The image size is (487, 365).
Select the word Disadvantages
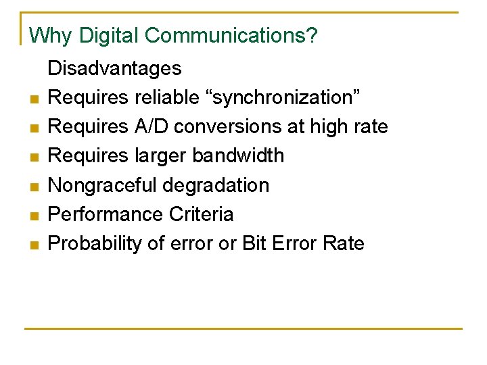[114, 68]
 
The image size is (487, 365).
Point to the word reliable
[171, 97]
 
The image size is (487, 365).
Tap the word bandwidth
[238, 155]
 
